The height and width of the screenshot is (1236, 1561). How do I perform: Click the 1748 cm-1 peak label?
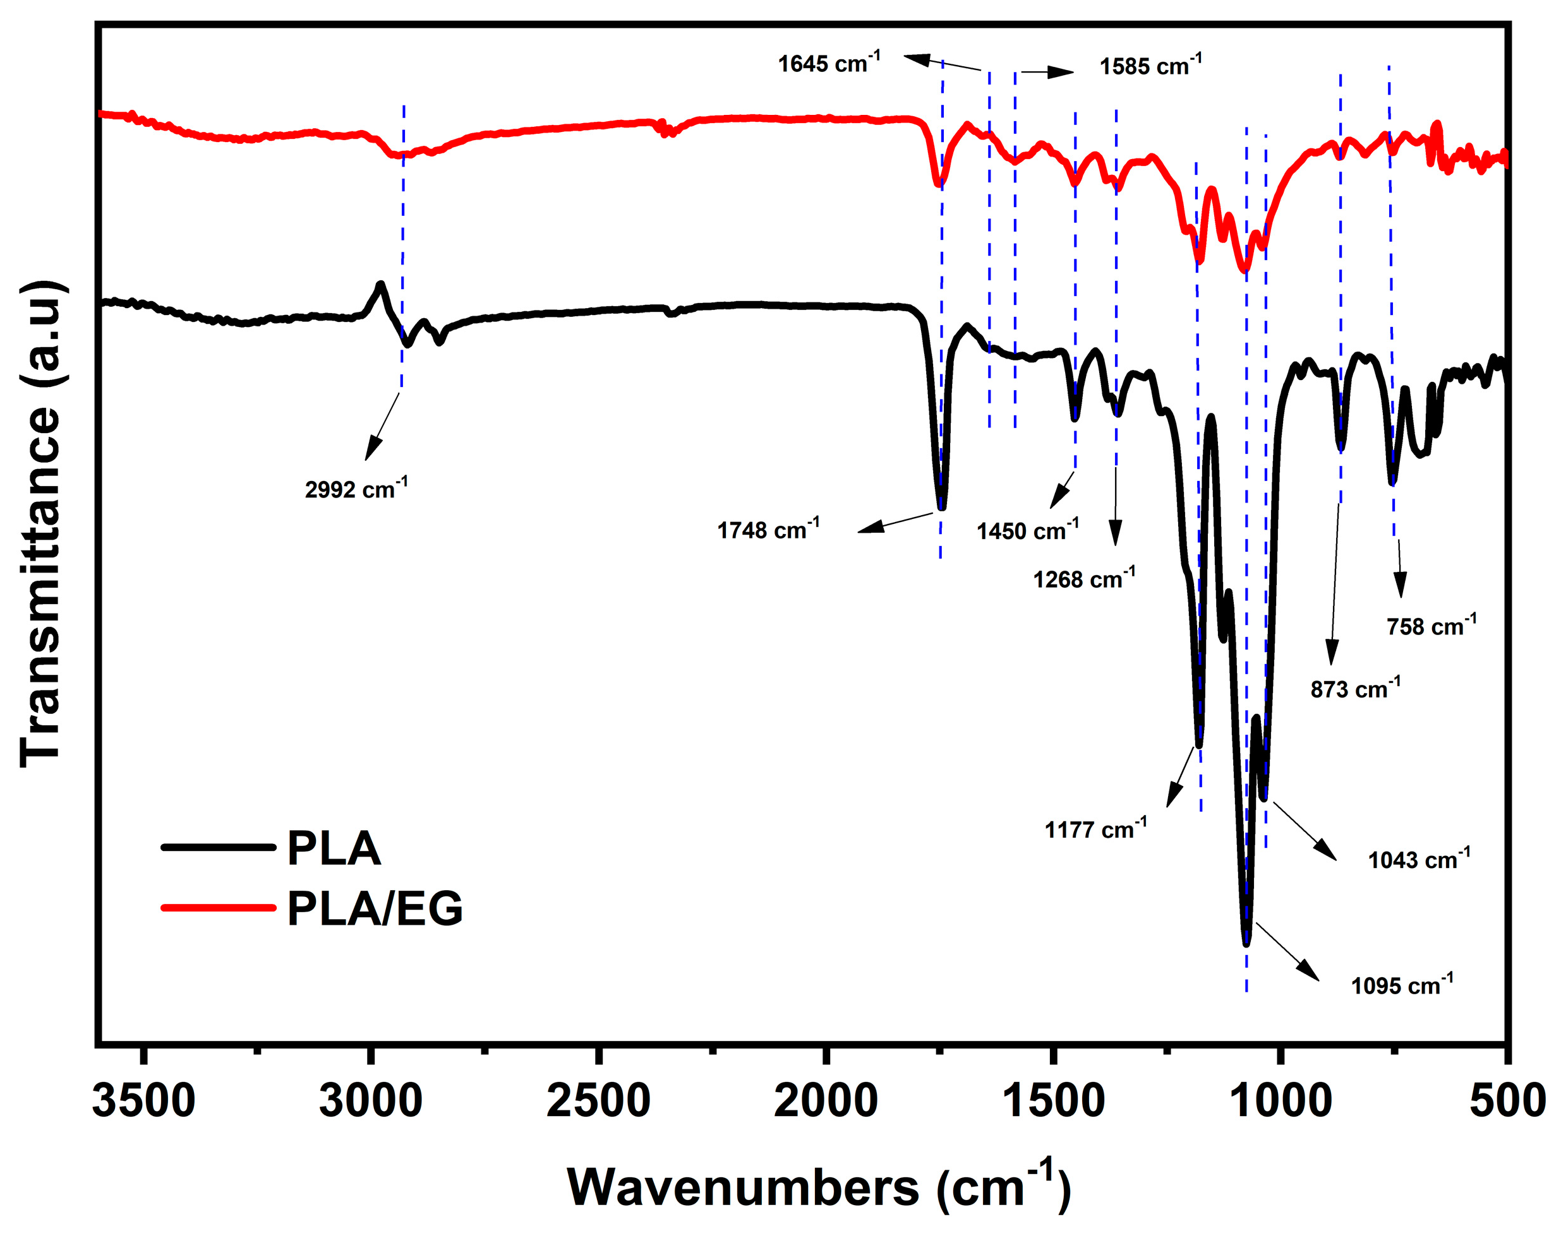pyautogui.click(x=768, y=530)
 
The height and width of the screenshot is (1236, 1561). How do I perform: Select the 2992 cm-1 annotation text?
pyautogui.click(x=356, y=489)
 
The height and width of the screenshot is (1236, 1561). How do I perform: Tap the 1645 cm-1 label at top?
pyautogui.click(x=829, y=63)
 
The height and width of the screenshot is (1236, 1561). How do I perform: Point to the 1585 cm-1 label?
pyautogui.click(x=1150, y=66)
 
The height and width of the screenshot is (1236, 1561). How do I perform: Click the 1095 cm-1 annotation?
pyautogui.click(x=1402, y=985)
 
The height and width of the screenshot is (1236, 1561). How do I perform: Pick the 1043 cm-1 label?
pyautogui.click(x=1419, y=860)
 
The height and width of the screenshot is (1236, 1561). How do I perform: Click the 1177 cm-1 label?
pyautogui.click(x=1095, y=829)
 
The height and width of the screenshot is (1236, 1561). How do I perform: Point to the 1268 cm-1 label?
pyautogui.click(x=1084, y=579)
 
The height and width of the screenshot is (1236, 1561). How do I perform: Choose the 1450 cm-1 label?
pyautogui.click(x=1027, y=531)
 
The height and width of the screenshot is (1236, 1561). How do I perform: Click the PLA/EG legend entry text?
pyautogui.click(x=375, y=908)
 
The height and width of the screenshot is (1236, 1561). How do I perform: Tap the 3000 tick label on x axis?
pyautogui.click(x=371, y=1102)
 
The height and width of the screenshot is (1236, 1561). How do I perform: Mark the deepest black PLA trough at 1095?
pyautogui.click(x=1246, y=942)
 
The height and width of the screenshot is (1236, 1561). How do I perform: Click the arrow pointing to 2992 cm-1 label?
pyautogui.click(x=382, y=427)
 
